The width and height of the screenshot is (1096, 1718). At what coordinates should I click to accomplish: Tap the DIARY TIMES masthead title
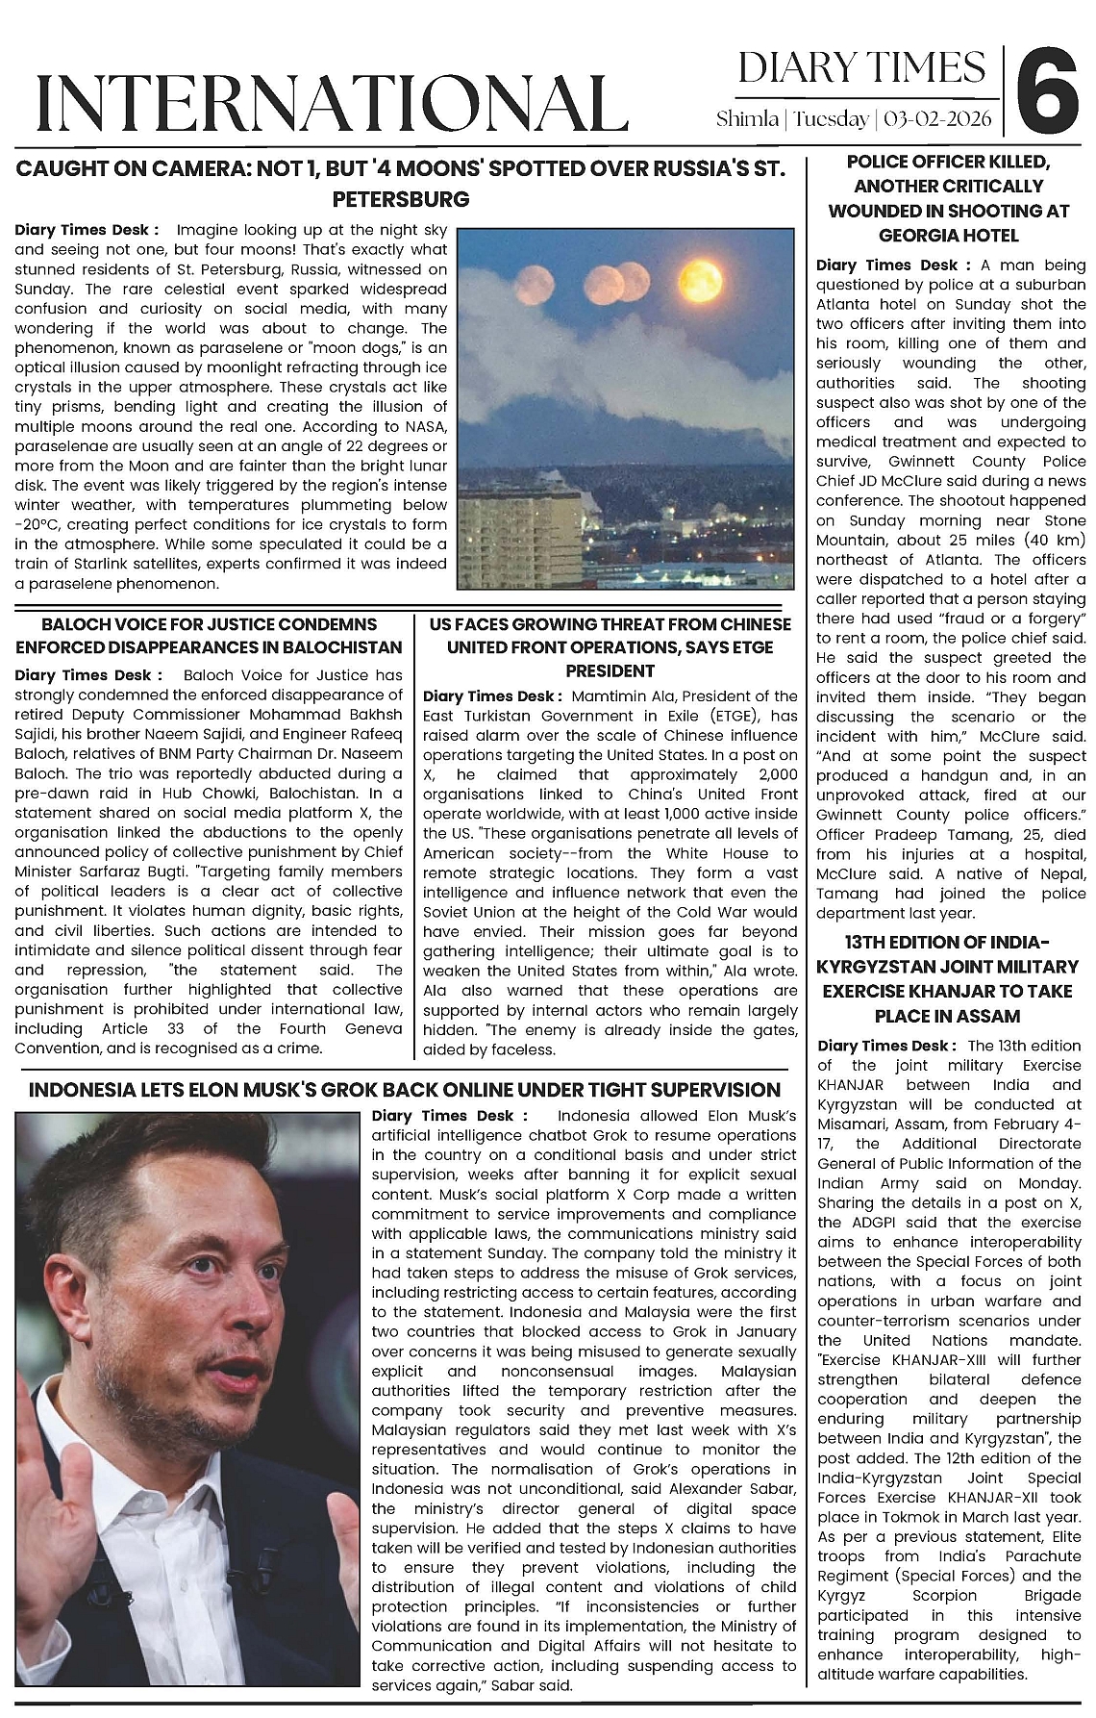(x=861, y=68)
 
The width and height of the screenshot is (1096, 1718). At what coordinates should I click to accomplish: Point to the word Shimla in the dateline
(x=748, y=119)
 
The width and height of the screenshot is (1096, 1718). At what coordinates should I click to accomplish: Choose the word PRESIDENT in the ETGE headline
(x=610, y=670)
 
